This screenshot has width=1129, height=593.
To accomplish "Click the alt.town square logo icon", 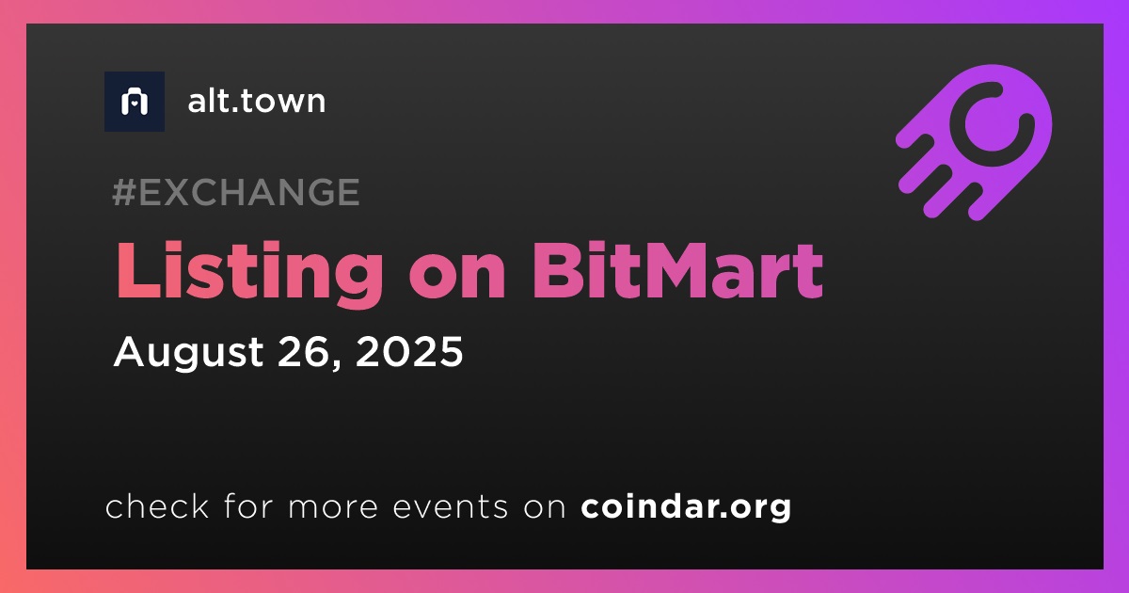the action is click(x=135, y=102).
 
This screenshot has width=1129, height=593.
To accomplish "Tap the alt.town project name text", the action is click(x=257, y=101).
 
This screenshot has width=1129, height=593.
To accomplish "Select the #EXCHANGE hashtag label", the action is click(x=236, y=192).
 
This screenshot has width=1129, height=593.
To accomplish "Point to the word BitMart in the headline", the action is click(x=677, y=270).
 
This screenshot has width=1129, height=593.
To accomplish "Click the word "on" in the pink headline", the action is click(x=457, y=279).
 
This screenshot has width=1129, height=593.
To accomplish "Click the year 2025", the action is click(x=408, y=351).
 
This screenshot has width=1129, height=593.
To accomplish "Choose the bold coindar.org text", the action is click(x=686, y=507).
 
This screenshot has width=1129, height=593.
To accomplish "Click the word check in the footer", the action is click(x=157, y=505).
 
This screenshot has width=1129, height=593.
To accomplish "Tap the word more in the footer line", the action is click(x=333, y=507).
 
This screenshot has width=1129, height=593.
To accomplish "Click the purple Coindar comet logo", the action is click(x=975, y=142).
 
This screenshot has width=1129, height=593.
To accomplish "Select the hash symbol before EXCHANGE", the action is click(x=124, y=192).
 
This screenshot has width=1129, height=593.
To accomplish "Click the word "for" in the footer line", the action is click(x=248, y=505).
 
